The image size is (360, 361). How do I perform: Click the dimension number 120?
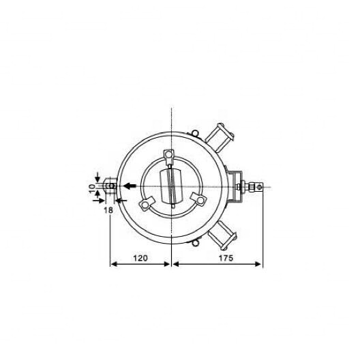[x=140, y=258]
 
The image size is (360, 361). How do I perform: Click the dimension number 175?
[x=226, y=258]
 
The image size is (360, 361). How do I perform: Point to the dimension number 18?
[x=108, y=210]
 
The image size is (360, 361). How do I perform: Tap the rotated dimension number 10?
[x=92, y=188]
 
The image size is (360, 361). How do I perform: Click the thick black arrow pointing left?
[x=130, y=186]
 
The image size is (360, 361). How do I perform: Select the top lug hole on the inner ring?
[x=169, y=154]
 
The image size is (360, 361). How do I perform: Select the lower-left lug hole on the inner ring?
[x=145, y=205]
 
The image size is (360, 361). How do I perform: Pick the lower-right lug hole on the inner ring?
[x=200, y=200]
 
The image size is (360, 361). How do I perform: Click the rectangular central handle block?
[x=171, y=186]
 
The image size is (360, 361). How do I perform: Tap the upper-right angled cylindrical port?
[x=220, y=137]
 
